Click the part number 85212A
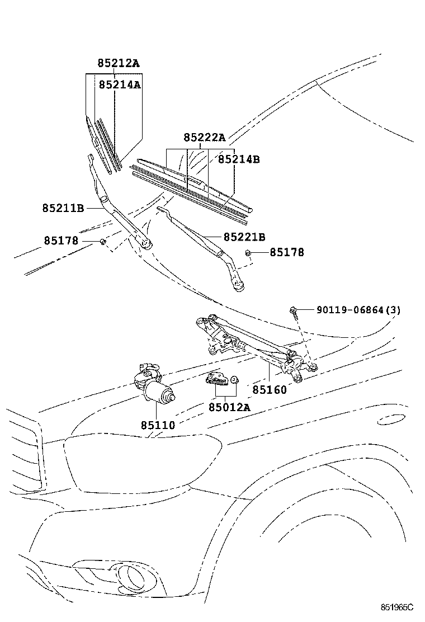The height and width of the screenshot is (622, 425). [x=119, y=63]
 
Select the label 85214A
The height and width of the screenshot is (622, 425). [x=120, y=84]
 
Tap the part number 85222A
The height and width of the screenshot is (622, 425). [x=204, y=138]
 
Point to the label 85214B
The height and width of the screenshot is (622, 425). [x=239, y=159]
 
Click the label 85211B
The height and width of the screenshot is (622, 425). [x=63, y=208]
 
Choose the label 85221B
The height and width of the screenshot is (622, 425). [x=244, y=237]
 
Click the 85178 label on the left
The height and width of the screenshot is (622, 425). [x=61, y=241]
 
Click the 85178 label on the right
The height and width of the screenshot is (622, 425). [x=287, y=252]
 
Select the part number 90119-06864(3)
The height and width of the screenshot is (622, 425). [x=358, y=310]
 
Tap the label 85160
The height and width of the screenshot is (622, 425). [x=269, y=389]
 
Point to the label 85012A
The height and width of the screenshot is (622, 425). [x=229, y=407]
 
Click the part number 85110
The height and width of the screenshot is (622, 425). [x=158, y=426]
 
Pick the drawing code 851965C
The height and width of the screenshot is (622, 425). [x=396, y=607]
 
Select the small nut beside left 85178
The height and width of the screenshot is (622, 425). [x=103, y=241]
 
